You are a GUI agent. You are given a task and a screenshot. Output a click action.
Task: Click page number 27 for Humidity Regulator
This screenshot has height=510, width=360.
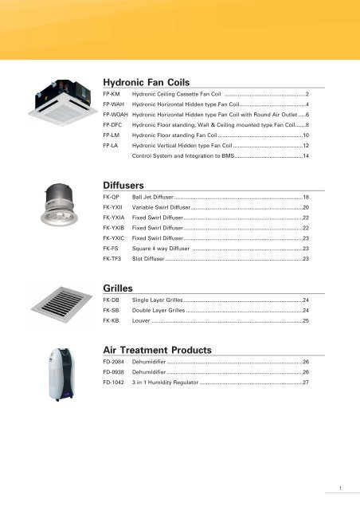305,383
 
